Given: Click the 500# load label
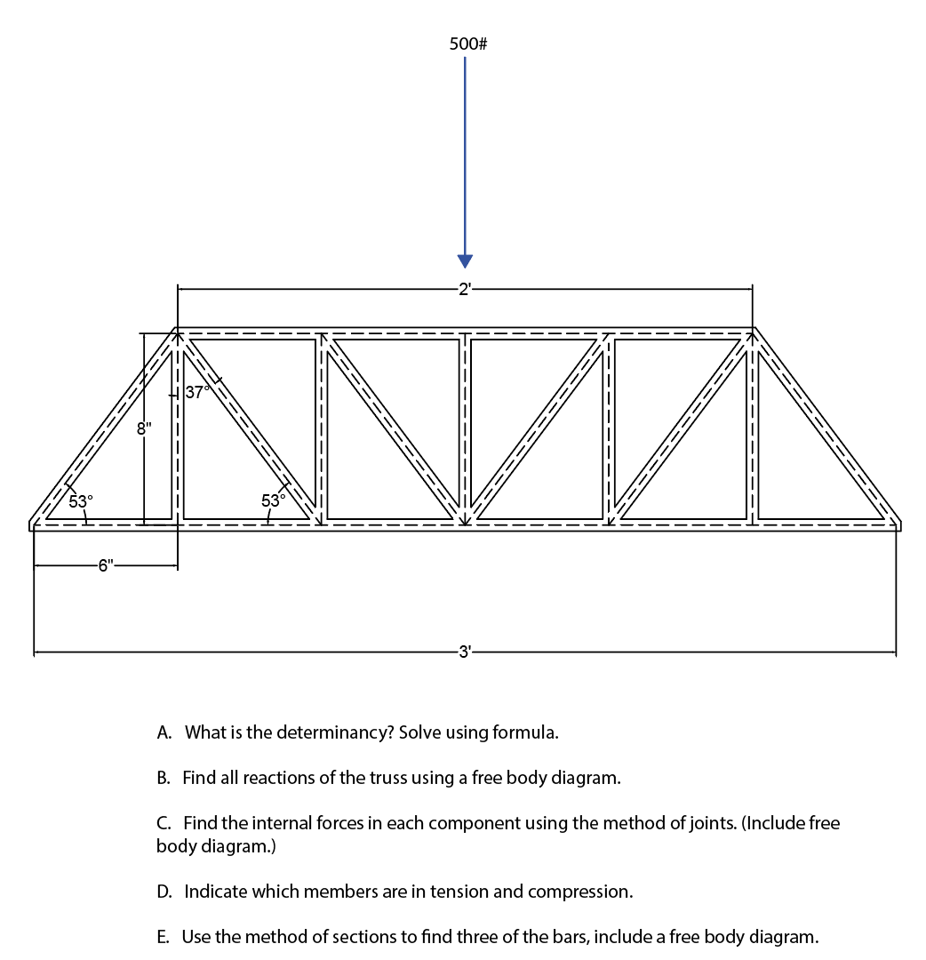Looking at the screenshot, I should point(467,44).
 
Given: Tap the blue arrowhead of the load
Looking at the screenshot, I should point(465,260).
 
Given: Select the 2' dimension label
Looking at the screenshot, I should point(465,288).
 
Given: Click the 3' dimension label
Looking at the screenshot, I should point(465,653).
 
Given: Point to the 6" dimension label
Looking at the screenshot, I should point(107,566).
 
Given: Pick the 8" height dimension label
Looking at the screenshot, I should point(144,429).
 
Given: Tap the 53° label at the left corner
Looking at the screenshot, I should point(81,501).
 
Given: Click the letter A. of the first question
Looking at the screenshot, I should point(164,733).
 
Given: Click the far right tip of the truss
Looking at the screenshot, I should point(901,524).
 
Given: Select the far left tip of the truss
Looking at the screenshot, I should point(29,524).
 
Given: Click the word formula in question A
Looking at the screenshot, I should point(531,733).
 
